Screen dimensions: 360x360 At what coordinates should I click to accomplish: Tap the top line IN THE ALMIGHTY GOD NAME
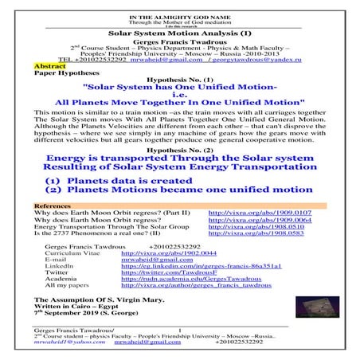tap(179, 6)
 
